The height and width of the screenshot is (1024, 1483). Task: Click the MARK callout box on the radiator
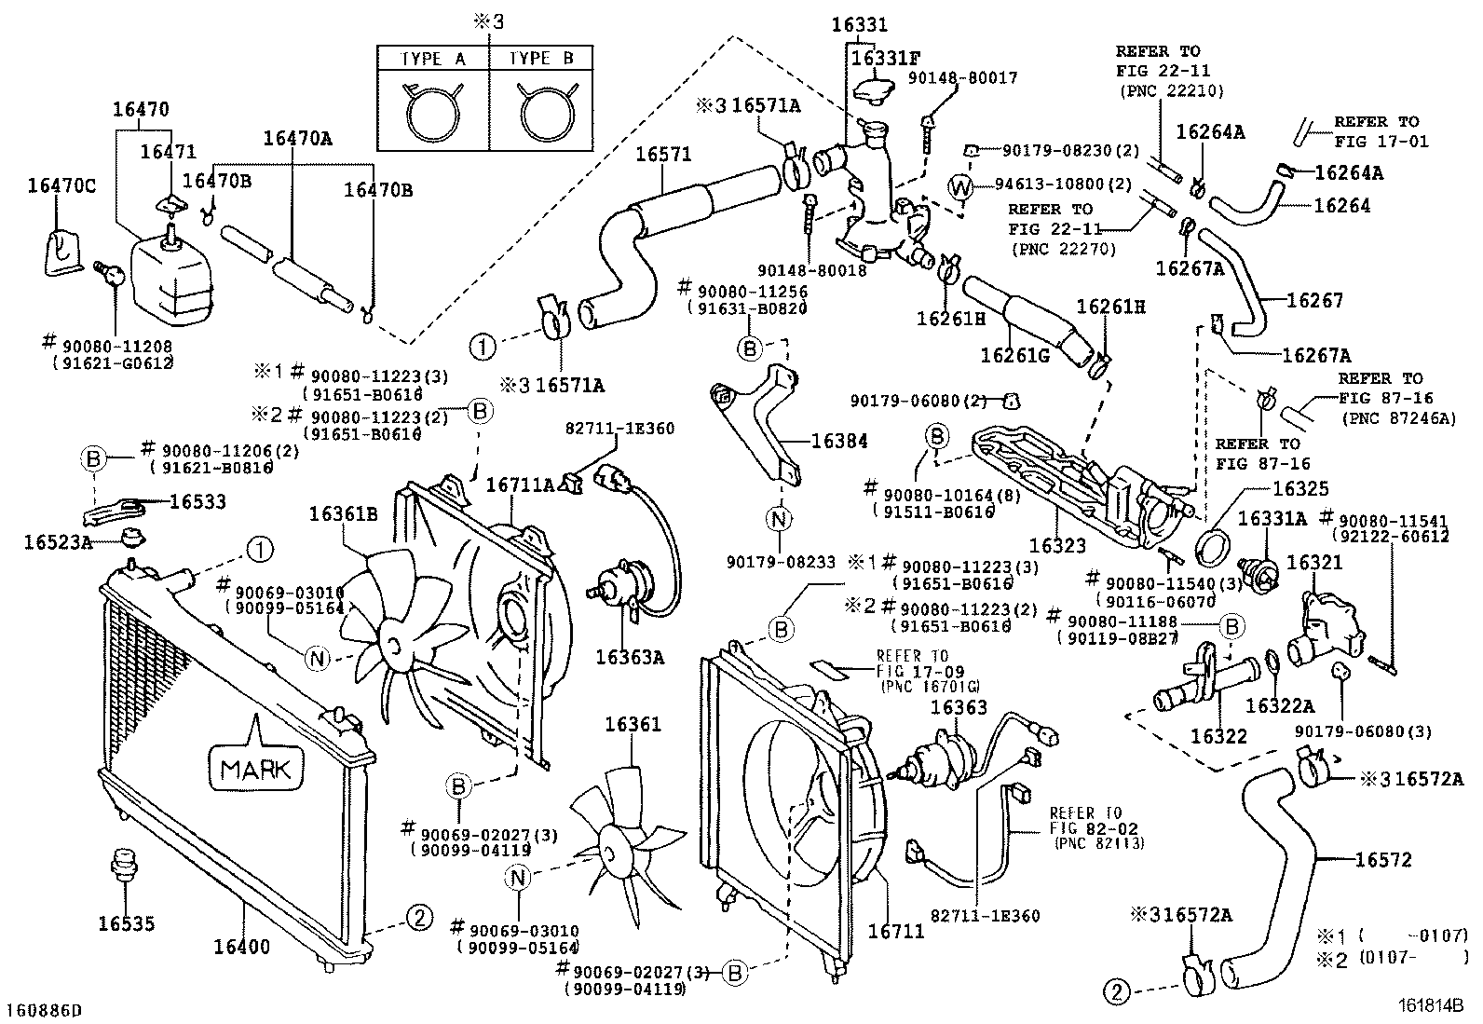255,768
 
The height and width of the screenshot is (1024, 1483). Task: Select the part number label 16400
241,947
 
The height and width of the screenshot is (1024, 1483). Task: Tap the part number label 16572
1382,859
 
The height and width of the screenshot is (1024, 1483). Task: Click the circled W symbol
960,187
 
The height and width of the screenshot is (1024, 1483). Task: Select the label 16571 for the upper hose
663,154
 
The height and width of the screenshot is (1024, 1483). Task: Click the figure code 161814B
1431,1005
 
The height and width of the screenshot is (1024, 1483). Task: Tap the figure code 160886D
44,1010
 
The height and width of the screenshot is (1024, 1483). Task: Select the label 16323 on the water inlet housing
1057,545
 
